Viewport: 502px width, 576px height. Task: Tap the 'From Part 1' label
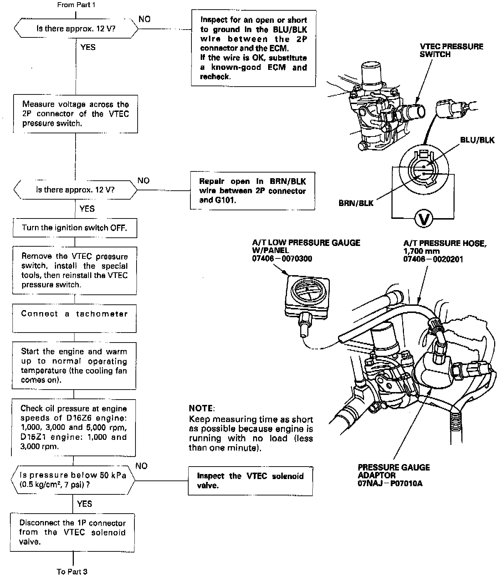point(76,5)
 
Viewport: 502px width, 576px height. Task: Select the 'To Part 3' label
point(72,571)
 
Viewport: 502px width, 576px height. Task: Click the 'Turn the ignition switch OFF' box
point(75,228)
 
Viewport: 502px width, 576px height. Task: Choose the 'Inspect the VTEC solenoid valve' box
point(250,480)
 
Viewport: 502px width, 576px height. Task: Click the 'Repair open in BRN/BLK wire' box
point(252,191)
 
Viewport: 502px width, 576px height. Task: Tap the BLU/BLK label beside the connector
point(477,140)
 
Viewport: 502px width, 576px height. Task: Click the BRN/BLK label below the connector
point(356,203)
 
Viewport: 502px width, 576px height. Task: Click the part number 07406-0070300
point(282,258)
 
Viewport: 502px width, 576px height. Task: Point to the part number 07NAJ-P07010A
point(390,484)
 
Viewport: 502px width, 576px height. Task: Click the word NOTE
point(201,408)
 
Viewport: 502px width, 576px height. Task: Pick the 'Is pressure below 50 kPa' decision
point(73,480)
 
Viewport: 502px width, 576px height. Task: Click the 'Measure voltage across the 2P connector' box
point(75,114)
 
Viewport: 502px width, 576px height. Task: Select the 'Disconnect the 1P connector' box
point(72,532)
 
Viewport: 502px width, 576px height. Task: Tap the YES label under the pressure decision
point(84,504)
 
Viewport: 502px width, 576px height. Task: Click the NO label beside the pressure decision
point(141,466)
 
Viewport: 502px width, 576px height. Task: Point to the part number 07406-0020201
point(433,259)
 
